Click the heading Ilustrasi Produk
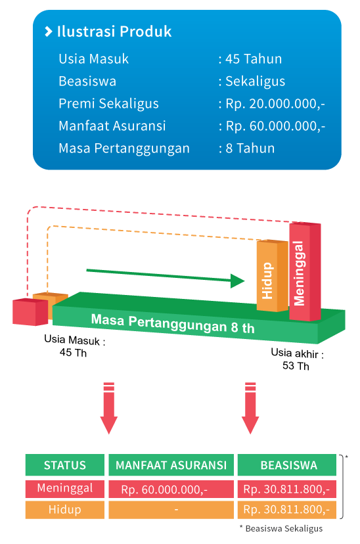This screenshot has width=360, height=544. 114,32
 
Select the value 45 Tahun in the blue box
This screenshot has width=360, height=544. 254,59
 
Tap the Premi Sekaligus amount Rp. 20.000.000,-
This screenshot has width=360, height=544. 275,104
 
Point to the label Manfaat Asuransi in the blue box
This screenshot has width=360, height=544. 112,126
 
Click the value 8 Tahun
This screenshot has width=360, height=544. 250,148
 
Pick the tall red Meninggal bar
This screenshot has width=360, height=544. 305,271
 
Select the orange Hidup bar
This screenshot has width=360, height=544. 272,275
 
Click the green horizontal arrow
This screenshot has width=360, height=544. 166,276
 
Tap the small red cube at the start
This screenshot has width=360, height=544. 30,311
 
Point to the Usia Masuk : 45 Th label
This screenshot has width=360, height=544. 75,346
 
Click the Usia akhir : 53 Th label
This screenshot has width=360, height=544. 297,359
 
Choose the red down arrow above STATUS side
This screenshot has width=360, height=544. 109,408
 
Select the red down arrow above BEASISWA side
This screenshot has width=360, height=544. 250,408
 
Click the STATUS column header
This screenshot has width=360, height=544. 65,465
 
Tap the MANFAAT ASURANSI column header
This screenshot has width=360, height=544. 171,465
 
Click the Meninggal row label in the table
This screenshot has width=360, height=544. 65,488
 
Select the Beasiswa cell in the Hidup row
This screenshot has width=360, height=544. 287,509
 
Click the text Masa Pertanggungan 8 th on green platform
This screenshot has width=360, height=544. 173,323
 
